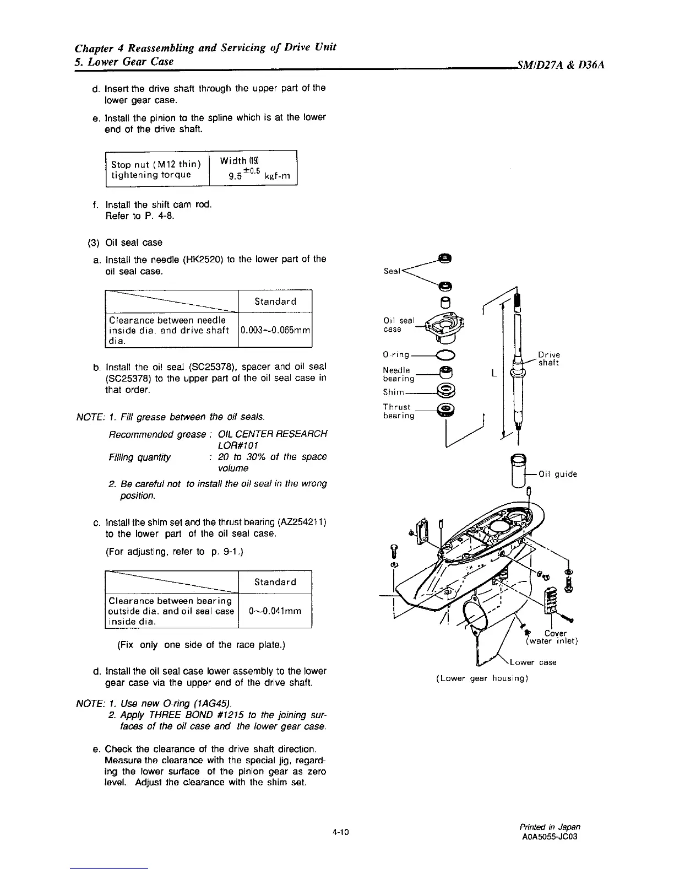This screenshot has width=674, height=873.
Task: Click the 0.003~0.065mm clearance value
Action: click(x=275, y=330)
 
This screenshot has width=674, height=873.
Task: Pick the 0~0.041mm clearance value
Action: click(x=275, y=611)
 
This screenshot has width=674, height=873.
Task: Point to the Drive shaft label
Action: click(x=548, y=359)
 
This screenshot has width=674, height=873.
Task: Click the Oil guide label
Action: click(x=558, y=474)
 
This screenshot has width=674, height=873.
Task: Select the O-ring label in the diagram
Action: click(x=396, y=355)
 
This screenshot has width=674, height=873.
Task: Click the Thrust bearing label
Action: click(x=398, y=411)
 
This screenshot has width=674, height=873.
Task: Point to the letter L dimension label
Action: click(x=493, y=374)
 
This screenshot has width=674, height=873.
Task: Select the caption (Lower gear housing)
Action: click(x=482, y=678)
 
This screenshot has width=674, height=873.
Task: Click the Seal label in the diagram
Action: click(x=392, y=271)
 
